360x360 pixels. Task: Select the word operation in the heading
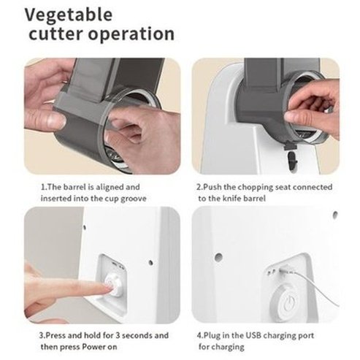pyautogui.click(x=131, y=34)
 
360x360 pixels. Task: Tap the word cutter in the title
pyautogui.click(x=57, y=34)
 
